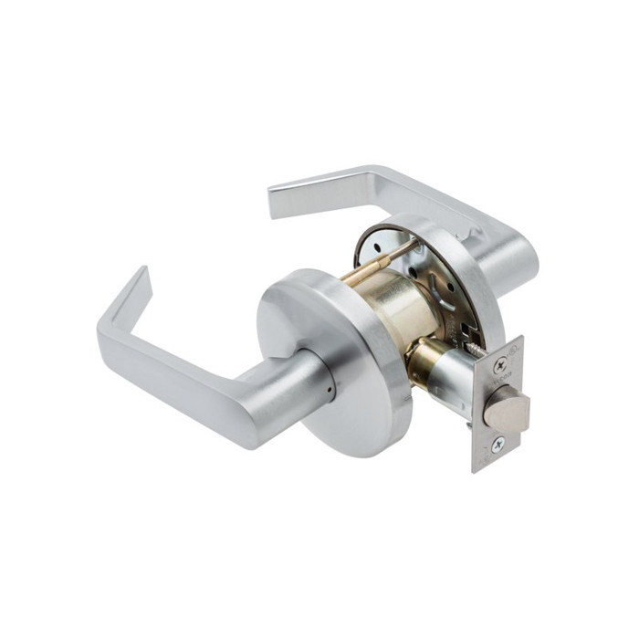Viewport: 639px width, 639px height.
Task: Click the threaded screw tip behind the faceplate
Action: (x=474, y=345)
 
